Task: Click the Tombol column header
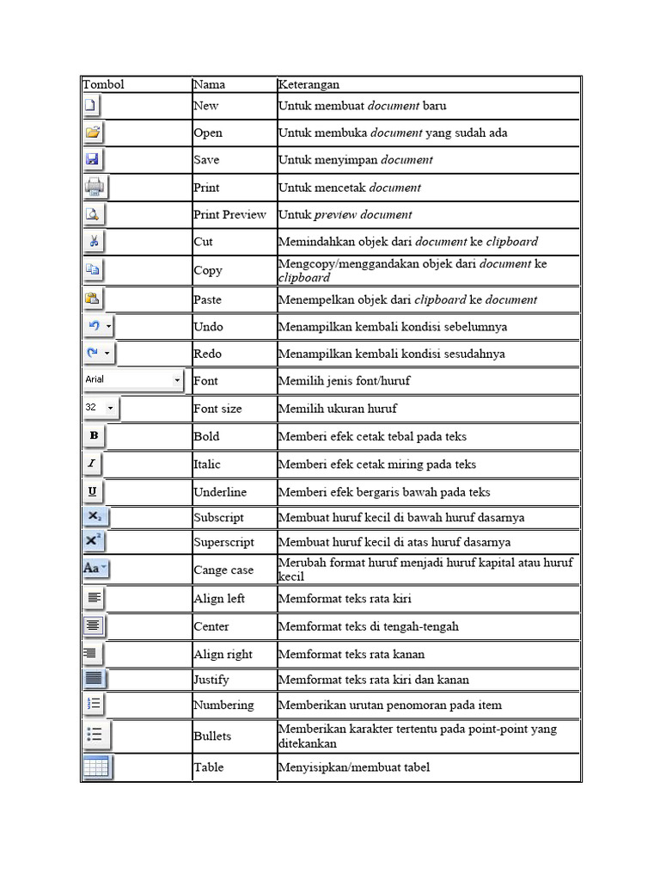tap(103, 84)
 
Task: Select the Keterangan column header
tap(309, 84)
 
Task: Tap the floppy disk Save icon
tap(93, 159)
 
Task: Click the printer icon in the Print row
tap(94, 187)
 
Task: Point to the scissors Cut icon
tap(94, 241)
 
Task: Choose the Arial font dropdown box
tap(133, 379)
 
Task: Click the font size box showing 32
tap(101, 408)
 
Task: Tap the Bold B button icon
tap(94, 436)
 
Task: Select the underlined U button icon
tap(93, 491)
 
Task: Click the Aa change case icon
tap(95, 569)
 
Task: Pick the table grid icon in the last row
tap(96, 767)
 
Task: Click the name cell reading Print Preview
tap(229, 214)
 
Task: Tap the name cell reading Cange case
tap(223, 570)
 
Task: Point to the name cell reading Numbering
tap(223, 705)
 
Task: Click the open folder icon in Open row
tap(93, 132)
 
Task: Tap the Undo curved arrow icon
tap(95, 327)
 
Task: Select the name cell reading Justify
tap(211, 679)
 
